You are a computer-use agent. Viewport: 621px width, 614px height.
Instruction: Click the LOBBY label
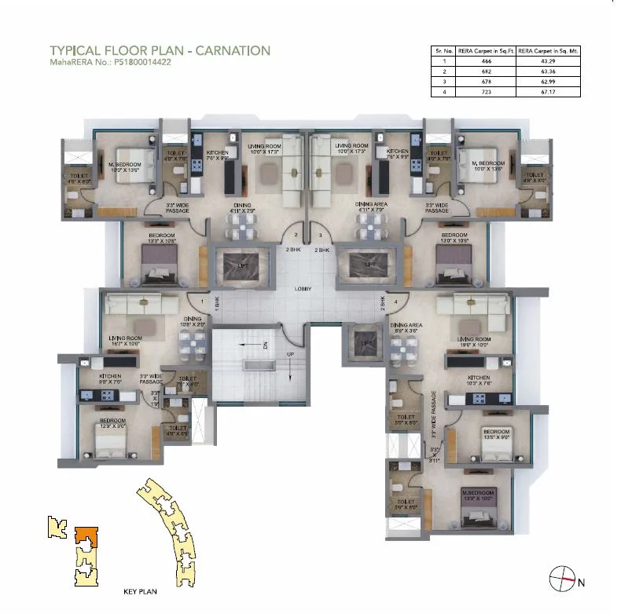coord(303,289)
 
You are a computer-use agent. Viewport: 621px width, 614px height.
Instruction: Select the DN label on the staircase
coord(265,344)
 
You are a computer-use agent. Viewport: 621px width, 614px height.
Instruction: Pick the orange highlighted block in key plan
coord(84,536)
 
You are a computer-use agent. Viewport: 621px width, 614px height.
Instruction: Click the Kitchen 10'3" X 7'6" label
coord(478,381)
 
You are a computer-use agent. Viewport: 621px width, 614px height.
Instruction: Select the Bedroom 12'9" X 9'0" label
coord(112,424)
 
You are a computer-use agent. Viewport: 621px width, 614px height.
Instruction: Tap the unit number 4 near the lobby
coord(395,301)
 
